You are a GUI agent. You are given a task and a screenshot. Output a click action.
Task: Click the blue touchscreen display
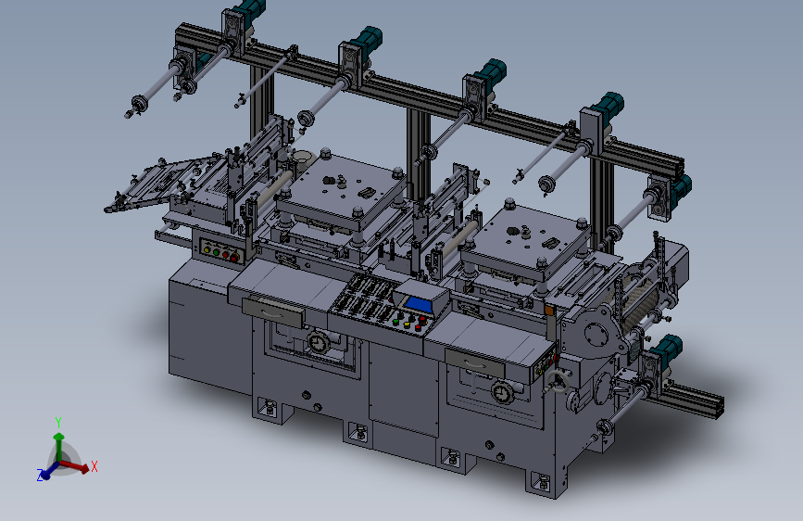418,304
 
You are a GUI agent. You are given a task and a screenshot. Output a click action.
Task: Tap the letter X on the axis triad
94,466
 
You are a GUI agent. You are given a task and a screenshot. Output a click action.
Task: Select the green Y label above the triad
58,423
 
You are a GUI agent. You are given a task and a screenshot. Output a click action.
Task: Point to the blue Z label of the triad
40,475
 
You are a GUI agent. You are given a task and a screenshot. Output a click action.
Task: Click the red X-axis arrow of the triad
75,465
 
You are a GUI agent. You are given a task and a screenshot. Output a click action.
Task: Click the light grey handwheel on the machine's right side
558,383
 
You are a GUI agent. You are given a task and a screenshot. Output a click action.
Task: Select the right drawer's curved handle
474,363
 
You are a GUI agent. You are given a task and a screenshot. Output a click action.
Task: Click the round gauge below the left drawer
318,342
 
